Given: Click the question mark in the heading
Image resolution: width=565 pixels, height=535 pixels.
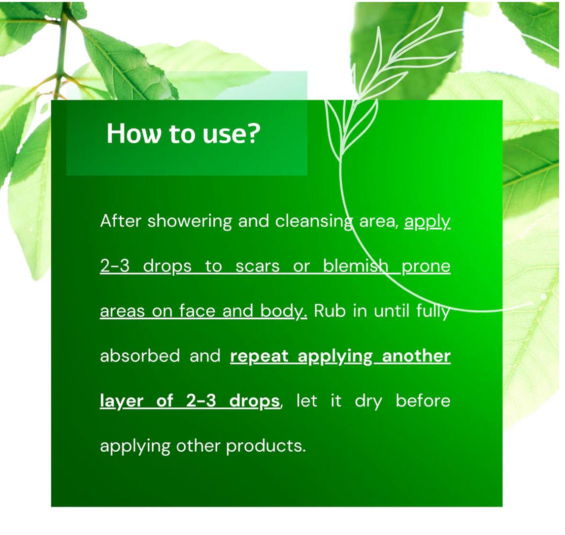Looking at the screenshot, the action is [x=253, y=134].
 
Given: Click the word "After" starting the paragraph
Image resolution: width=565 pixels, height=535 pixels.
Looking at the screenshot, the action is [x=120, y=221].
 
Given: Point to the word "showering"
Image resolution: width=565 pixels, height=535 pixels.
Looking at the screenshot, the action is [x=190, y=222].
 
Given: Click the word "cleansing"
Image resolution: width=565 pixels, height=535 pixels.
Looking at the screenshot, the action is [x=314, y=222].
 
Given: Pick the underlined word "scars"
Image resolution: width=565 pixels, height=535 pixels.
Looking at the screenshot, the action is [x=257, y=267].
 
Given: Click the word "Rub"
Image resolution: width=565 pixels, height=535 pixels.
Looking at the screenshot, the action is [x=330, y=311].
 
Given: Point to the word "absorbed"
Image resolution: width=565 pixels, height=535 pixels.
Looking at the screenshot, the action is [x=140, y=356].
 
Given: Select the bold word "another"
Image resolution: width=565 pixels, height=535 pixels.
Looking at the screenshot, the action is [x=416, y=356].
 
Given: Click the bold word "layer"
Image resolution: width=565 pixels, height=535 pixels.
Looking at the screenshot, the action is [x=122, y=402].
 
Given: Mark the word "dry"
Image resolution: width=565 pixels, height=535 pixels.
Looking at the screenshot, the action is [x=368, y=402].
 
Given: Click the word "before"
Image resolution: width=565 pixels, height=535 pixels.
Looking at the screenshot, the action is [x=423, y=401].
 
